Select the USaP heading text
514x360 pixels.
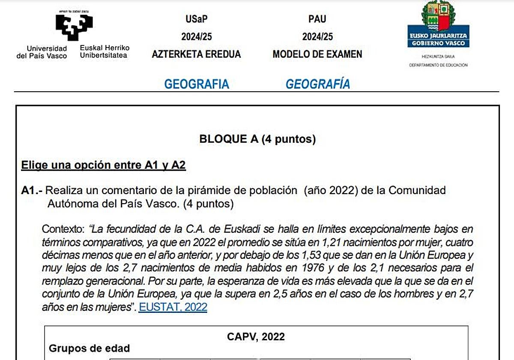196,19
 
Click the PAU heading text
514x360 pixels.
317,19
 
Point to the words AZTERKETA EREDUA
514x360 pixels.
196,54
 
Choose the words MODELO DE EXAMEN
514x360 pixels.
317,54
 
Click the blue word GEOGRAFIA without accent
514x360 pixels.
197,84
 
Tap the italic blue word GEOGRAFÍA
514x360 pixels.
318,84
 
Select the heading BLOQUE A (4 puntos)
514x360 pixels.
257,139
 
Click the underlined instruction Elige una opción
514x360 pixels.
103,165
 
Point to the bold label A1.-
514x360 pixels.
32,190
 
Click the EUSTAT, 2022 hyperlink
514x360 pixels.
173,307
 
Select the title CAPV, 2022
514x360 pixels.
256,336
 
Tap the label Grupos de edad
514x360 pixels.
89,348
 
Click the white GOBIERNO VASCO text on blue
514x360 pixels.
438,44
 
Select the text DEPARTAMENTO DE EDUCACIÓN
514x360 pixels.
438,65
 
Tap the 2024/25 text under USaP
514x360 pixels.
196,37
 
